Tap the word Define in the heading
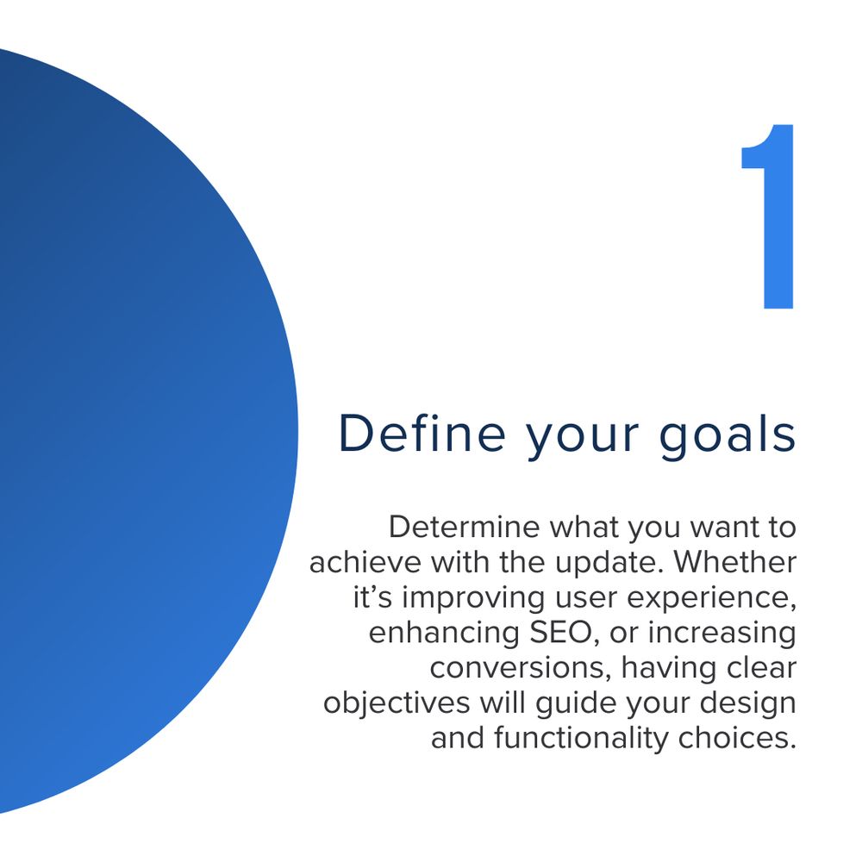(422, 434)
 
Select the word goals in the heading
(728, 438)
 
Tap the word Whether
(734, 562)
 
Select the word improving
(474, 598)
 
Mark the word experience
(711, 599)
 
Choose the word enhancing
(444, 634)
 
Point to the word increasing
(721, 634)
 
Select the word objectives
(397, 703)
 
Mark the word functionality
(581, 739)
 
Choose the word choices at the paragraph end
(737, 738)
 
